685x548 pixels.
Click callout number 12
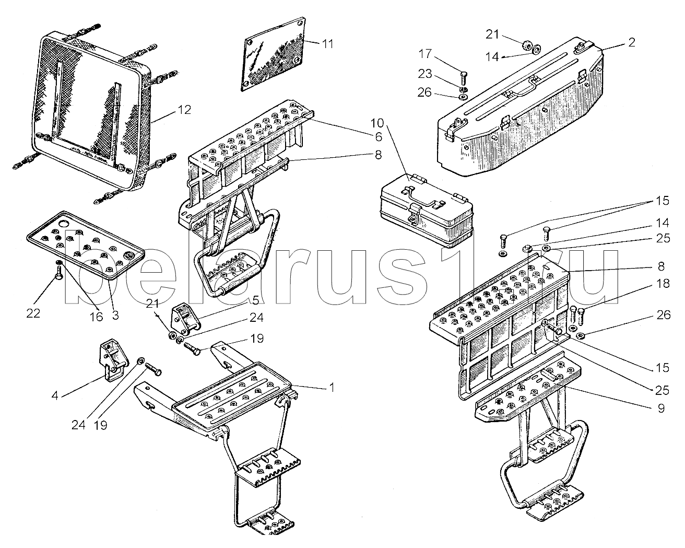183,110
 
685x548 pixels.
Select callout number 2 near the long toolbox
631,43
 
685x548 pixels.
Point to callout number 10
392,124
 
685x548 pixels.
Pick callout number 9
661,409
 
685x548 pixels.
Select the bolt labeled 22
60,271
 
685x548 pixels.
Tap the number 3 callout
115,316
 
